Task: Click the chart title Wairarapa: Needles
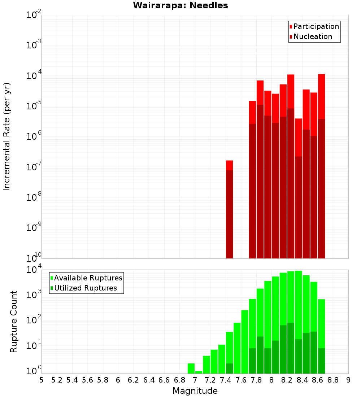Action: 180,5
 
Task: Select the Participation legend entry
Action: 314,26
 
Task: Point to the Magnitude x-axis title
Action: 195,391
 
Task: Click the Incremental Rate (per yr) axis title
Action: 7,136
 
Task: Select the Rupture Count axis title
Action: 14,321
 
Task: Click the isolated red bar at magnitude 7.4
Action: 229,209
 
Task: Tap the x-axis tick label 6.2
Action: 134,380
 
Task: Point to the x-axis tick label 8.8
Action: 333,380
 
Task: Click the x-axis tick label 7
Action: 195,380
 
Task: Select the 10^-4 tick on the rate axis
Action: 32,76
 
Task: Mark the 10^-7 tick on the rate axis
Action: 32,167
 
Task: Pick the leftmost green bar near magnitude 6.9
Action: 191,368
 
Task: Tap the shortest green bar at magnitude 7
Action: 199,372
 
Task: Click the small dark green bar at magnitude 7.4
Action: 229,368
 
